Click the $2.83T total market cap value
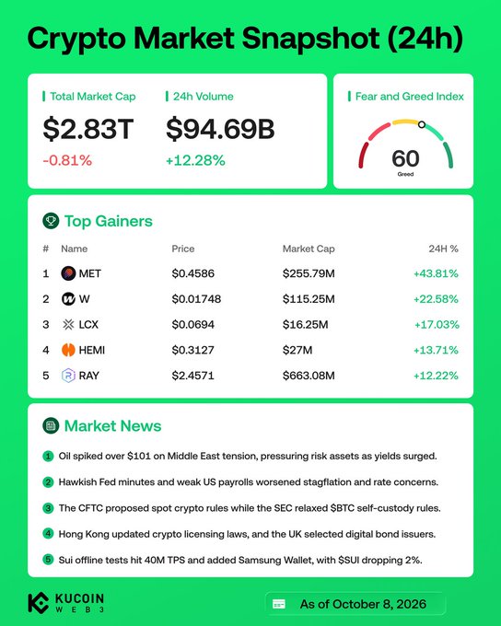(87, 129)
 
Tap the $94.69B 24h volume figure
(220, 129)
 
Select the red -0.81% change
(67, 160)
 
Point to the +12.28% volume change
(195, 160)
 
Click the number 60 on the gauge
(405, 158)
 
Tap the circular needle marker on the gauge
(422, 124)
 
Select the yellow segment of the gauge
(405, 122)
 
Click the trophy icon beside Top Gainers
(51, 221)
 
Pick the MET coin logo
(68, 273)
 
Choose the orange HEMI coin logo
(68, 350)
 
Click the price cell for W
(196, 299)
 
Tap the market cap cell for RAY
(309, 376)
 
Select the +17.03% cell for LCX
(437, 325)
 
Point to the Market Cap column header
(309, 249)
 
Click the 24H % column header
(443, 249)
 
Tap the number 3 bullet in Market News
(48, 508)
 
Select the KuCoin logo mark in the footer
(39, 603)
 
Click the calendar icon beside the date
(279, 604)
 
